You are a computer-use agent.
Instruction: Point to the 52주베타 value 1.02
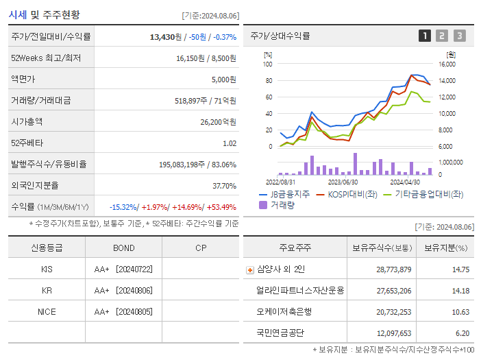pyautogui.click(x=229, y=143)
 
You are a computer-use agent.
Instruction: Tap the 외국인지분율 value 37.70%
pyautogui.click(x=224, y=185)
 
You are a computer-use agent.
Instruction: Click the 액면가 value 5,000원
pyautogui.click(x=223, y=79)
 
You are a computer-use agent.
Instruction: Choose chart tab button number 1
pyautogui.click(x=425, y=36)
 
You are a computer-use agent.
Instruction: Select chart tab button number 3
pyautogui.click(x=459, y=36)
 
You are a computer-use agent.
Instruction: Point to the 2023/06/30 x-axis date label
pyautogui.click(x=343, y=182)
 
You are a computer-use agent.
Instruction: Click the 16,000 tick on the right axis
pyautogui.click(x=447, y=64)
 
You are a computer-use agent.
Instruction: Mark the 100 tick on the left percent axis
pyautogui.click(x=268, y=64)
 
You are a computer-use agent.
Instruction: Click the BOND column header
pyautogui.click(x=123, y=248)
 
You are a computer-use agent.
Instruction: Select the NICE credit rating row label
pyautogui.click(x=47, y=311)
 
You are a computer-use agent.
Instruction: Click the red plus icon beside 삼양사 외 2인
pyautogui.click(x=249, y=269)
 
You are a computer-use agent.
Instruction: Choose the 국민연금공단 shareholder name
pyautogui.click(x=281, y=333)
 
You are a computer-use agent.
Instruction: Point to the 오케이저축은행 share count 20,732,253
pyautogui.click(x=393, y=311)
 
